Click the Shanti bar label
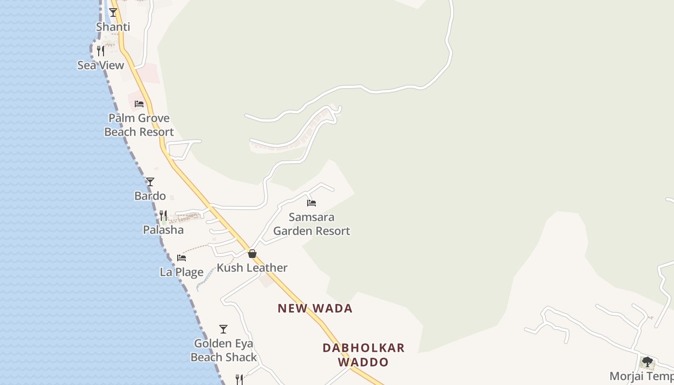pyautogui.click(x=113, y=26)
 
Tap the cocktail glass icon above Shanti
pyautogui.click(x=113, y=12)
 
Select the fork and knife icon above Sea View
pyautogui.click(x=101, y=51)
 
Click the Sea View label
pyautogui.click(x=101, y=65)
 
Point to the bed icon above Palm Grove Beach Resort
pyautogui.click(x=139, y=103)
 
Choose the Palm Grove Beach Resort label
pyautogui.click(x=139, y=125)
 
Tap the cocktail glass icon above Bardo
pyautogui.click(x=150, y=181)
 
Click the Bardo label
pyautogui.click(x=150, y=196)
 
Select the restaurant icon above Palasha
pyautogui.click(x=163, y=215)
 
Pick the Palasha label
pyautogui.click(x=163, y=230)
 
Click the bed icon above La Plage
pyautogui.click(x=181, y=258)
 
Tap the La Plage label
pyautogui.click(x=181, y=272)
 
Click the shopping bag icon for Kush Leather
pyautogui.click(x=252, y=254)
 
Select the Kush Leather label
pyautogui.click(x=252, y=268)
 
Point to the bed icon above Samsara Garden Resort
pyautogui.click(x=311, y=203)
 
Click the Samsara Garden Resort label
pyautogui.click(x=311, y=224)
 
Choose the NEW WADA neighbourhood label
pyautogui.click(x=315, y=308)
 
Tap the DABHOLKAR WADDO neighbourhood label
pyautogui.click(x=363, y=355)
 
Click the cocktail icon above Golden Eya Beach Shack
pyautogui.click(x=223, y=329)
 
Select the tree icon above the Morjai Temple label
pyautogui.click(x=648, y=362)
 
